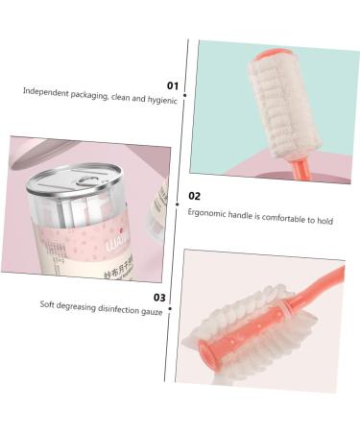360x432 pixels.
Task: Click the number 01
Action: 173,85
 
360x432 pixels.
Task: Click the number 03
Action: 159,298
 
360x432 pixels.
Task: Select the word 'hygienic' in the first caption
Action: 160,100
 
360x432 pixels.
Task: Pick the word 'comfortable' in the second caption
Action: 289,219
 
